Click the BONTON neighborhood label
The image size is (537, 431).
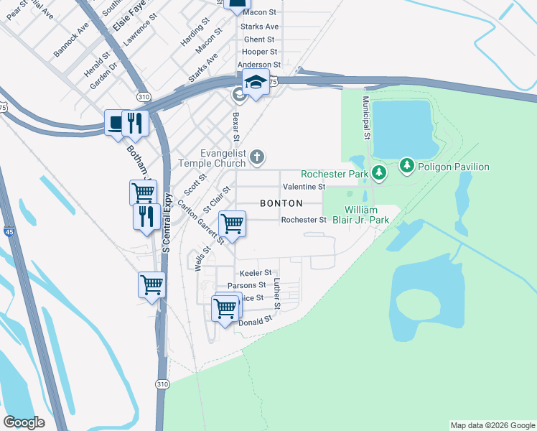pyautogui.click(x=281, y=203)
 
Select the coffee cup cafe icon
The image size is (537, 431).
pyautogui.click(x=116, y=122)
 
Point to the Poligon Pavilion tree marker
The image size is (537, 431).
pyautogui.click(x=407, y=167)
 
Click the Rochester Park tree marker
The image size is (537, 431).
pyautogui.click(x=379, y=173)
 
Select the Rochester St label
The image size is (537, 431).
pyautogui.click(x=304, y=220)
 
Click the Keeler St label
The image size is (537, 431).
pyautogui.click(x=256, y=273)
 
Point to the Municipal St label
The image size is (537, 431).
pyautogui.click(x=365, y=118)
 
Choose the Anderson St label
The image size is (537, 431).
pyautogui.click(x=257, y=65)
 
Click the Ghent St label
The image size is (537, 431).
pyautogui.click(x=259, y=40)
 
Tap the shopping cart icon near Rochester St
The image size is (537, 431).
pyautogui.click(x=232, y=223)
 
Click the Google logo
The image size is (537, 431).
pyautogui.click(x=24, y=422)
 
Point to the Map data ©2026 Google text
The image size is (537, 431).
pyautogui.click(x=492, y=425)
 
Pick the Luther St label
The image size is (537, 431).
pyautogui.click(x=277, y=295)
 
